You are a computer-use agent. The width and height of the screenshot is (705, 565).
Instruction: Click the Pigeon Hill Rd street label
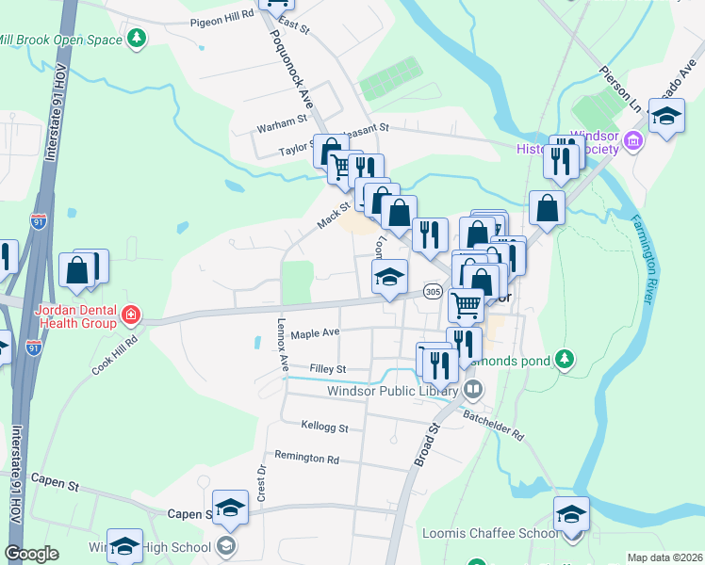click(x=222, y=17)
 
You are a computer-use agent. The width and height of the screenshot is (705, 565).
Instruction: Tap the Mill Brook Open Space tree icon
click(x=139, y=39)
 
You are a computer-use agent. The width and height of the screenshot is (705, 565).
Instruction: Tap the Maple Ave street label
click(x=315, y=333)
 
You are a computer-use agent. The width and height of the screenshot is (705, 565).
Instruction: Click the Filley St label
click(x=328, y=369)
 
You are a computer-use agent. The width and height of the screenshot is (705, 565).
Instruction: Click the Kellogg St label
click(x=324, y=428)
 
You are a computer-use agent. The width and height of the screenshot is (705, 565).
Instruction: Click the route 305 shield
click(x=433, y=292)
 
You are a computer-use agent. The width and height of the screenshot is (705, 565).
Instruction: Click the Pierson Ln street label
click(x=620, y=88)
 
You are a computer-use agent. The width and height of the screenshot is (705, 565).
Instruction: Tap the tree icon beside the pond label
click(x=565, y=359)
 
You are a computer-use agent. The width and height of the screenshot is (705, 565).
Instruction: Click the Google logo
click(x=32, y=554)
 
